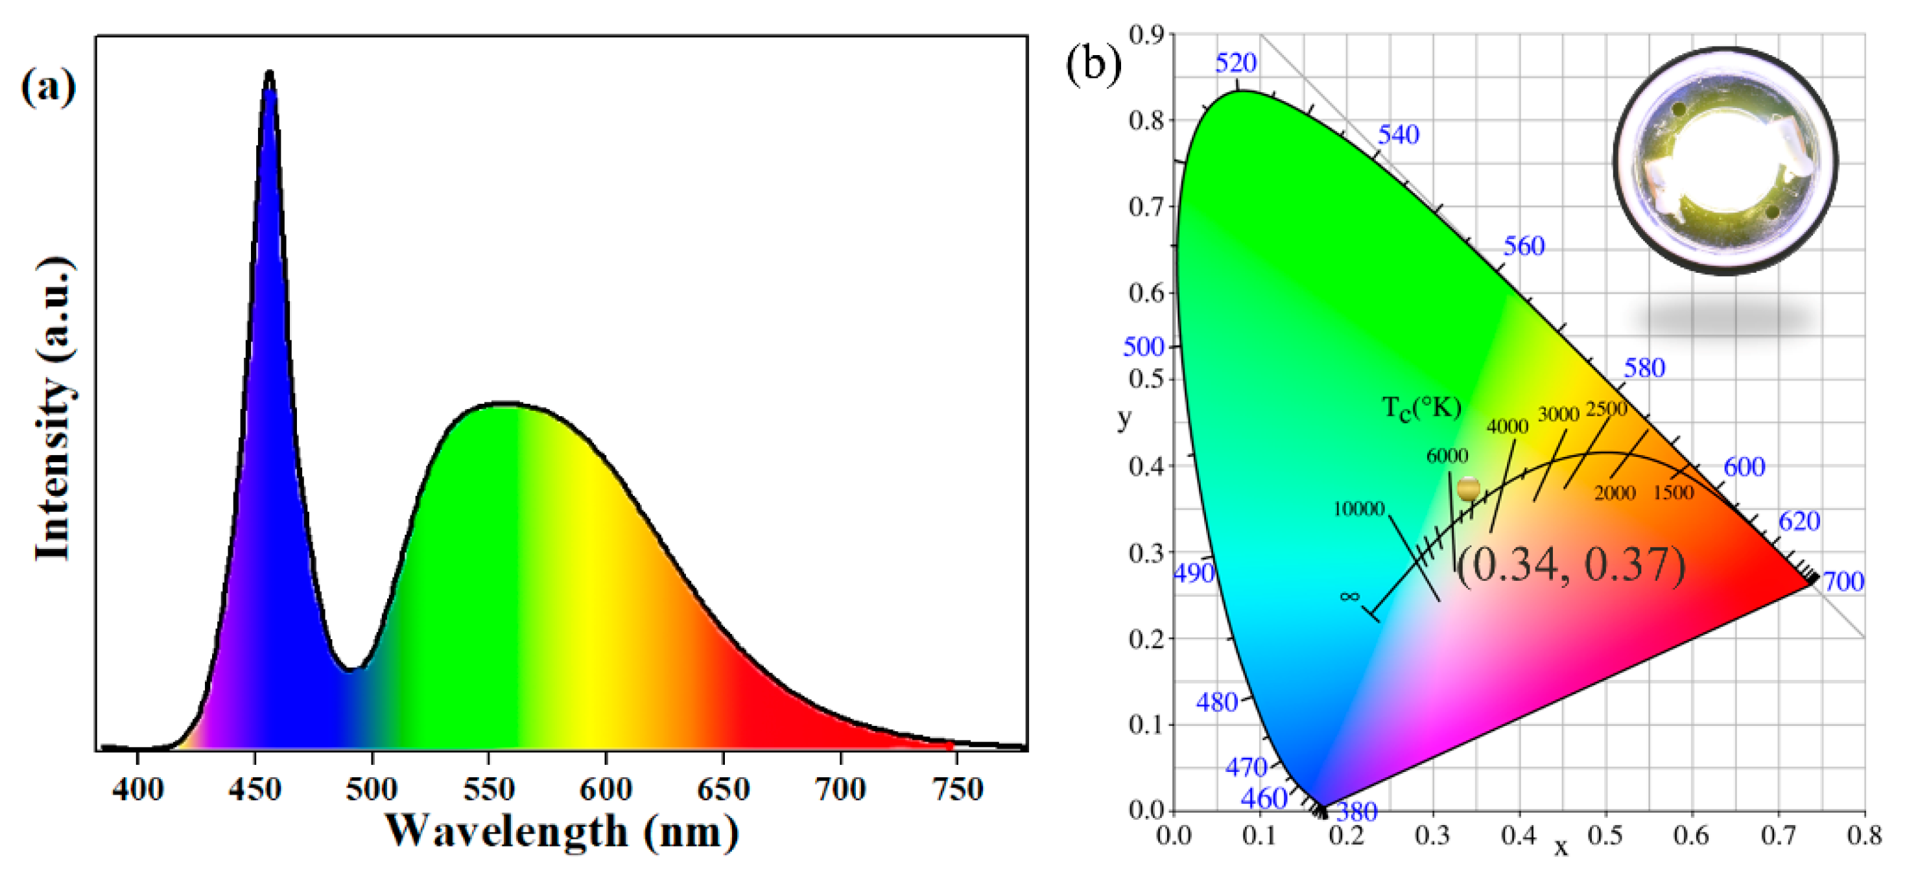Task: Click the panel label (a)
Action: point(48,87)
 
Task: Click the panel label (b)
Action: point(1093,64)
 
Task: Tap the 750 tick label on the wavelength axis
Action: point(958,789)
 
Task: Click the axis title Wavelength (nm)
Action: point(562,832)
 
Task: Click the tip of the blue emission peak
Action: point(270,73)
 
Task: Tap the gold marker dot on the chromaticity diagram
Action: point(1469,489)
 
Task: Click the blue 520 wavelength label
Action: point(1236,64)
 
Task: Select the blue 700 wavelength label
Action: point(1843,581)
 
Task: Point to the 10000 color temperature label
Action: point(1358,509)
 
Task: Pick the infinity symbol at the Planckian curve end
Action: point(1349,596)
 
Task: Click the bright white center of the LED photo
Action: point(1726,161)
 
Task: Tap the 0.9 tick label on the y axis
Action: point(1146,35)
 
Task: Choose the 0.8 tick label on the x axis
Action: point(1864,835)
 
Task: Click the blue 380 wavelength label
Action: point(1357,811)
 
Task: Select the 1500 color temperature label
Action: point(1673,493)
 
